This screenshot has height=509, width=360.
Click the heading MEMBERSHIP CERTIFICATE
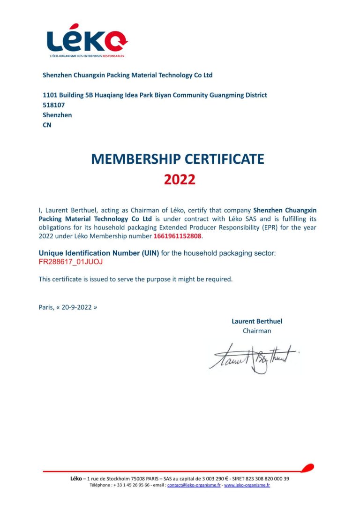pyautogui.click(x=178, y=159)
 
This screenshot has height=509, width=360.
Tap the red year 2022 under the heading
pyautogui.click(x=180, y=180)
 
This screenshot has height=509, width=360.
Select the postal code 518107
pyautogui.click(x=54, y=105)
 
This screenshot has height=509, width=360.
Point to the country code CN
pyautogui.click(x=47, y=125)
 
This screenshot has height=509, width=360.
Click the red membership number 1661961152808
pyautogui.click(x=177, y=236)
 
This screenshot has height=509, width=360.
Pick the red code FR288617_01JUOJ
pyautogui.click(x=71, y=262)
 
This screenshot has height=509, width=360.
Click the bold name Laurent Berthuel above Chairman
pyautogui.click(x=257, y=321)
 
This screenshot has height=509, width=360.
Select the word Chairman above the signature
pyautogui.click(x=257, y=331)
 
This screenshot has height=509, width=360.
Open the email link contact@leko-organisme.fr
pyautogui.click(x=194, y=485)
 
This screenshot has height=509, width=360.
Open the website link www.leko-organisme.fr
pyautogui.click(x=247, y=485)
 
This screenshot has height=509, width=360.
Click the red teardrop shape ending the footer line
pyautogui.click(x=307, y=467)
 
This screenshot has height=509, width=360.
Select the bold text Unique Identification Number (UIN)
pyautogui.click(x=98, y=253)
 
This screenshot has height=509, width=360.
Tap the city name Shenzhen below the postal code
pyautogui.click(x=57, y=115)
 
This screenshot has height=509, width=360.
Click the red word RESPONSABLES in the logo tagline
pyautogui.click(x=113, y=56)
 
